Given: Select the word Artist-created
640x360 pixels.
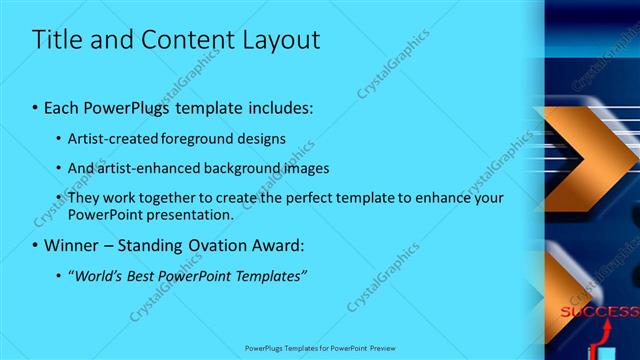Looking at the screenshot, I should coord(110,139).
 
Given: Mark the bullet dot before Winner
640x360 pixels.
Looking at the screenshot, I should coord(35,245).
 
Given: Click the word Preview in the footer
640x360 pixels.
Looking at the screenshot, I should coord(385,349).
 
